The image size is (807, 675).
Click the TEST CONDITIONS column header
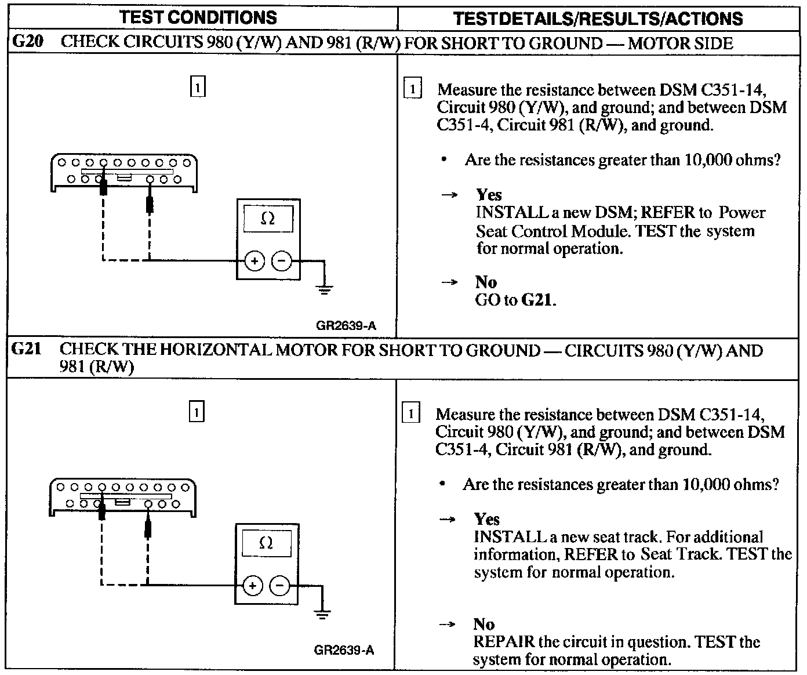(x=198, y=17)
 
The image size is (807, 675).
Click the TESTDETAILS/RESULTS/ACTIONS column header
(x=598, y=19)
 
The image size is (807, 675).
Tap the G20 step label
(x=27, y=43)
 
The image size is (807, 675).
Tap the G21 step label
(x=27, y=350)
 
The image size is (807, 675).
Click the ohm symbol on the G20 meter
(x=268, y=219)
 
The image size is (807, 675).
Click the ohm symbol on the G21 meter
(x=266, y=543)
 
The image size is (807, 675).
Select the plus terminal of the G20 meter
(x=255, y=262)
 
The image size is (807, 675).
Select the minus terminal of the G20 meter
(x=282, y=262)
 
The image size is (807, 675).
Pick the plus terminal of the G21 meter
(x=252, y=586)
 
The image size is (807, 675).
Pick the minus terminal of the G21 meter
(x=280, y=586)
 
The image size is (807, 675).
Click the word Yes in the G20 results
(x=489, y=195)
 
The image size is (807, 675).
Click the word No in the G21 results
(x=484, y=625)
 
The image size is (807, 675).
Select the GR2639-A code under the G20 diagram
(x=346, y=326)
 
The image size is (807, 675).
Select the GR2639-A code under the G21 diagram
(x=344, y=650)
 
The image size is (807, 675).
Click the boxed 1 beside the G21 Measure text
(x=410, y=413)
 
